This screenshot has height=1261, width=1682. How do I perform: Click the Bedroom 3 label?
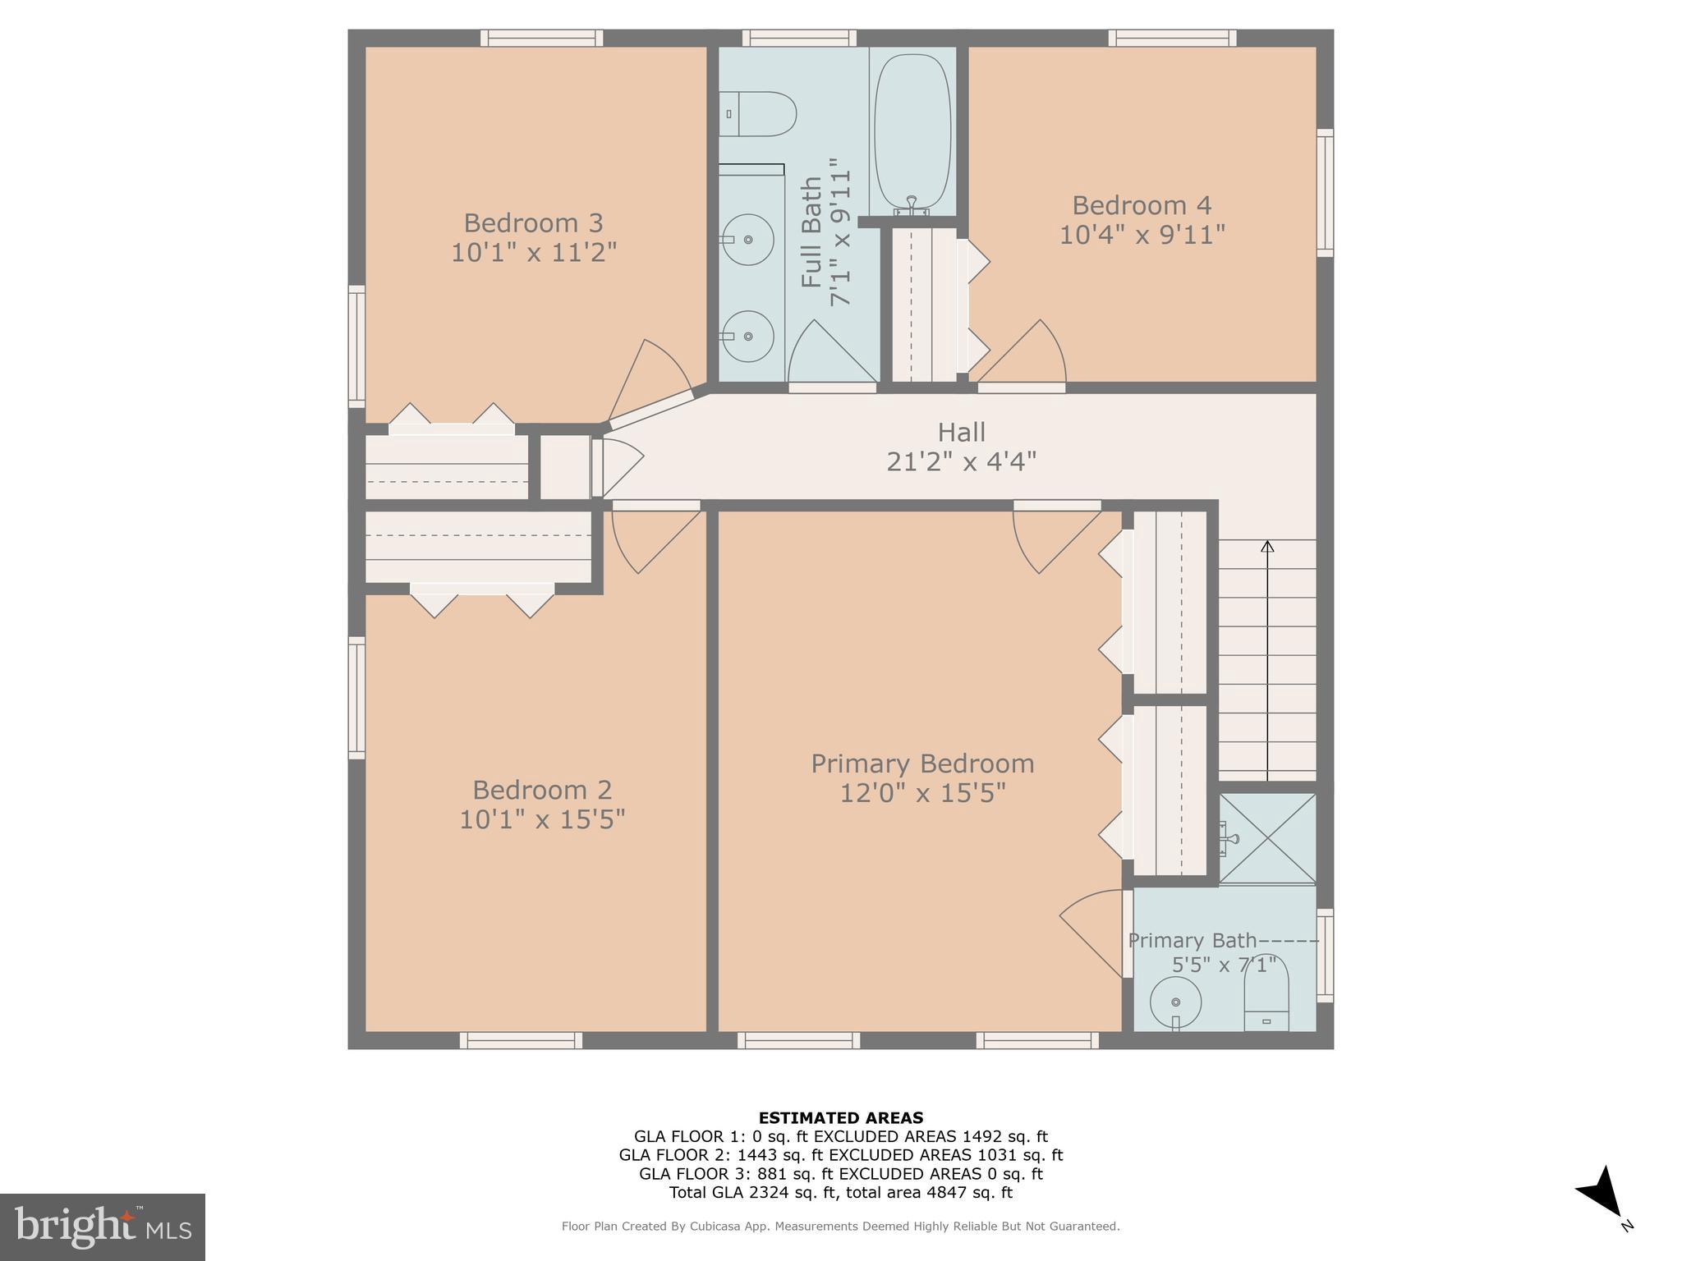[x=533, y=222]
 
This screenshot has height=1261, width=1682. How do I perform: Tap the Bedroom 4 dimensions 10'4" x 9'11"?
[x=1142, y=236]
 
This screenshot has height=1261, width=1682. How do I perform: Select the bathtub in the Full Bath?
[x=912, y=131]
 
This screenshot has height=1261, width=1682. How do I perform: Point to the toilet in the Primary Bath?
[x=1266, y=996]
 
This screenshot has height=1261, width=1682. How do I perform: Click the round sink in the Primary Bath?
[x=1175, y=1002]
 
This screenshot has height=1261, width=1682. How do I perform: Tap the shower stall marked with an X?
[x=1267, y=838]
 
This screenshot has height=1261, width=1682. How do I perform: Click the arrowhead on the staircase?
[x=1267, y=546]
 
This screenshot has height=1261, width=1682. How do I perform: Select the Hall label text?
[x=961, y=432]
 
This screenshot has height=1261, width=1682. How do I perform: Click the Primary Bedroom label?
[x=922, y=763]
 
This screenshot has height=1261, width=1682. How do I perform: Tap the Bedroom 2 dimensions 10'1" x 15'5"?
[x=542, y=819]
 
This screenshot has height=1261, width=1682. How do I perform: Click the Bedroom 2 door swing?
[x=654, y=537]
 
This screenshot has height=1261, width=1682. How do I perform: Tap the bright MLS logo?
[x=103, y=1227]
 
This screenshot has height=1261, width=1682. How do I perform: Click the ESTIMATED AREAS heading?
[x=840, y=1117]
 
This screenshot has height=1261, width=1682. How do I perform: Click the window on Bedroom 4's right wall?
[x=1324, y=192]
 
